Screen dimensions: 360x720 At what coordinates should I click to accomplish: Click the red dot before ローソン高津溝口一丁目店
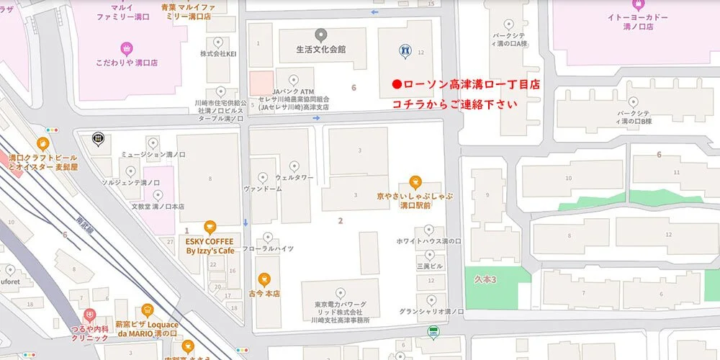[396, 84]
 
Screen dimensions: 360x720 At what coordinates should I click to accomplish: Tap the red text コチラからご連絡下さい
[454, 104]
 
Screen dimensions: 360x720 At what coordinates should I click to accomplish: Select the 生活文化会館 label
[321, 49]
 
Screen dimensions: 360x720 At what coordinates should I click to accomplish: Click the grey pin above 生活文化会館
[321, 34]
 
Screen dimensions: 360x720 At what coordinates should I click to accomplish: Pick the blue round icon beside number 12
[404, 50]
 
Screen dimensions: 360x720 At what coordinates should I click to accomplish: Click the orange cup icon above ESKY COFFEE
[210, 226]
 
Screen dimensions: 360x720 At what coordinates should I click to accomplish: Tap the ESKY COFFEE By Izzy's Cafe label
[210, 246]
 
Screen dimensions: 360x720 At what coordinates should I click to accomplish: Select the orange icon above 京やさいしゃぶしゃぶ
[415, 181]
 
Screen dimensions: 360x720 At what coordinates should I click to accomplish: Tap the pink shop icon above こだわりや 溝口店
[127, 49]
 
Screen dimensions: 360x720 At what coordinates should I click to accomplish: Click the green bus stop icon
[433, 332]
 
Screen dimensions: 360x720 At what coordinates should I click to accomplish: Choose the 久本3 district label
[487, 279]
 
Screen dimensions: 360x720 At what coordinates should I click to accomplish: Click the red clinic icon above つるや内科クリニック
[89, 314]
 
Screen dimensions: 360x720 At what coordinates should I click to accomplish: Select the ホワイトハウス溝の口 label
[429, 241]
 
